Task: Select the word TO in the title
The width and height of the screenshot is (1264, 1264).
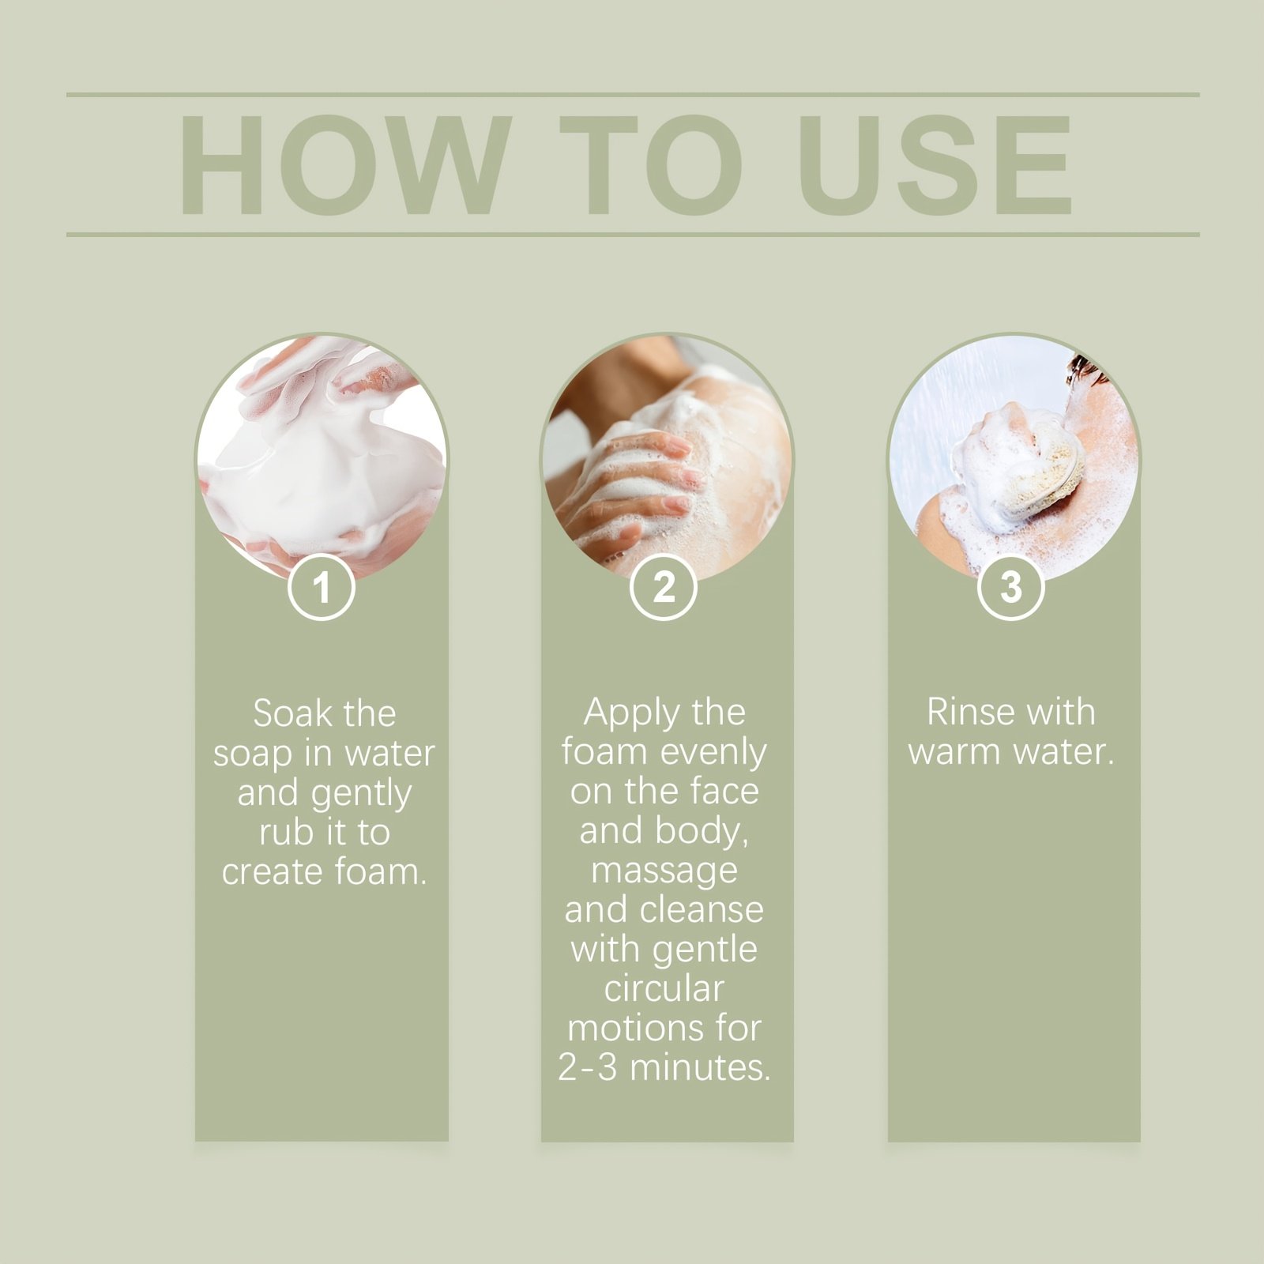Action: coord(651,164)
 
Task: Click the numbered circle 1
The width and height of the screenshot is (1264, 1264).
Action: coord(321,587)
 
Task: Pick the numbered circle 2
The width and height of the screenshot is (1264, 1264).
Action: coord(664,587)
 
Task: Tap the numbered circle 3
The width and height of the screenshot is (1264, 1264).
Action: coord(1011,587)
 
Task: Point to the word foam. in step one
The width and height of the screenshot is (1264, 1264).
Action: coord(380,871)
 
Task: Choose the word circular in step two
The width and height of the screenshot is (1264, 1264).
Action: coord(664,988)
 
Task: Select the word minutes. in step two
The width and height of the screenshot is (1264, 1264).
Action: coord(700,1067)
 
